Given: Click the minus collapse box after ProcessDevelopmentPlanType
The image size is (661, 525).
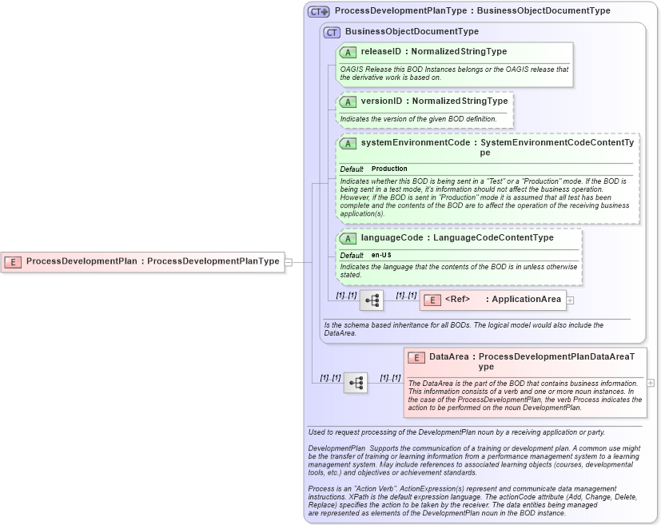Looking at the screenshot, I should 289,261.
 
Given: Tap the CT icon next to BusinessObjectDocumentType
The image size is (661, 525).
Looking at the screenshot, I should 332,32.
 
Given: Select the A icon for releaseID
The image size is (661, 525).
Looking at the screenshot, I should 348,52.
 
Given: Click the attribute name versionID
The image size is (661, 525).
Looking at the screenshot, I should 382,101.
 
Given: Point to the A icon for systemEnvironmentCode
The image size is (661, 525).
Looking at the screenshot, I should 348,144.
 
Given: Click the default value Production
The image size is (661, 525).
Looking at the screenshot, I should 389,169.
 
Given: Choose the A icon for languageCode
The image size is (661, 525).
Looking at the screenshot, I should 348,238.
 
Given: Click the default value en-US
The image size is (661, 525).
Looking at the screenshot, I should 381,255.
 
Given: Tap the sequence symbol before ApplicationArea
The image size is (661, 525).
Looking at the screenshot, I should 372,300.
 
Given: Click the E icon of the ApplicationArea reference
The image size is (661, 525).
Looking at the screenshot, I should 432,300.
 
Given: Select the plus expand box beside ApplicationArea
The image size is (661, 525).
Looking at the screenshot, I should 570,300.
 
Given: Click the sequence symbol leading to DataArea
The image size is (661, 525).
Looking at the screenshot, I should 356,384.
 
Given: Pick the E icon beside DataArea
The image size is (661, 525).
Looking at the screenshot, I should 416,357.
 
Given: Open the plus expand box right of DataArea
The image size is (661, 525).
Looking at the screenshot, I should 650,383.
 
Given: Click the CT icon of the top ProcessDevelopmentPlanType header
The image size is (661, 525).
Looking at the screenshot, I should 319,11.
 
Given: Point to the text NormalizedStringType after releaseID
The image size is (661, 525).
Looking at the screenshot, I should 459,51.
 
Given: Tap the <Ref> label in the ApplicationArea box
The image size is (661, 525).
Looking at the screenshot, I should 457,300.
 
